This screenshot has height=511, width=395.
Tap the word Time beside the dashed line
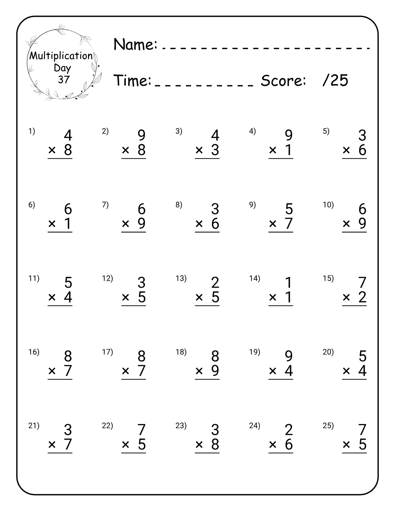(x=133, y=80)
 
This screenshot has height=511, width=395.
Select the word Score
(x=283, y=80)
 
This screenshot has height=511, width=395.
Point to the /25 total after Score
(x=335, y=80)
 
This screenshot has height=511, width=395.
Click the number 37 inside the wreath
(x=64, y=79)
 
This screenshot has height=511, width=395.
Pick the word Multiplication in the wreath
(x=61, y=56)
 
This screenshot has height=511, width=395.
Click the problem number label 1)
(x=32, y=131)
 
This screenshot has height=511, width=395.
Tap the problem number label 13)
(x=181, y=278)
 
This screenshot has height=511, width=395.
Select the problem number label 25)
(x=328, y=426)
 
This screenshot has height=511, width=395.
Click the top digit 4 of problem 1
(x=68, y=135)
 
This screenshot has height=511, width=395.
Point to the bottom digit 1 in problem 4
(x=289, y=150)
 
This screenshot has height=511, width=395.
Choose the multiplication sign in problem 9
(x=273, y=223)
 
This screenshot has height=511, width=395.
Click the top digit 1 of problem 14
(x=289, y=283)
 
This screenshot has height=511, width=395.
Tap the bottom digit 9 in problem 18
(x=215, y=370)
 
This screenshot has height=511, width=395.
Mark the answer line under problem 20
(x=354, y=379)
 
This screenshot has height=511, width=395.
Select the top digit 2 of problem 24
(x=289, y=430)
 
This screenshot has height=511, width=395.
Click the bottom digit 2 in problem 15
(x=362, y=297)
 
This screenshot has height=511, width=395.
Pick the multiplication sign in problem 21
(x=52, y=445)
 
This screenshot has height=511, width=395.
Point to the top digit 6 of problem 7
(x=141, y=209)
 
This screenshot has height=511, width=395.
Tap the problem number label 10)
(x=328, y=205)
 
